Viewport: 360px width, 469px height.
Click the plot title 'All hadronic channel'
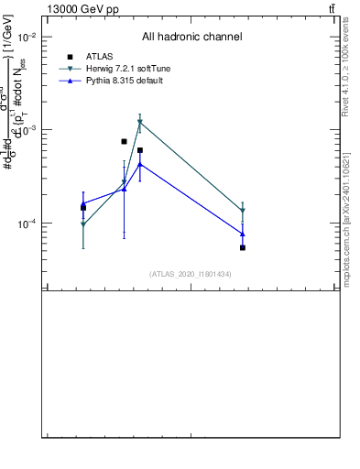coord(191,37)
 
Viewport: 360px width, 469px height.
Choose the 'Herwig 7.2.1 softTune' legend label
coord(128,69)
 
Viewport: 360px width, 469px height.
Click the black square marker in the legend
coord(70,57)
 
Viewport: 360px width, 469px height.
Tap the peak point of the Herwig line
coord(139,122)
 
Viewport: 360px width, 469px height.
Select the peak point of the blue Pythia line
coord(139,164)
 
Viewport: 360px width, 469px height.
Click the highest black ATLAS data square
coord(124,141)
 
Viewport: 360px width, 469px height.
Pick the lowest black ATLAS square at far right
coord(243,247)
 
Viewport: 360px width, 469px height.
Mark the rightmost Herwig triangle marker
coord(243,212)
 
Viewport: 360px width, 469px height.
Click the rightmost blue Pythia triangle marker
coord(243,234)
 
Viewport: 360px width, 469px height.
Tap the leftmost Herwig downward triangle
coord(83,224)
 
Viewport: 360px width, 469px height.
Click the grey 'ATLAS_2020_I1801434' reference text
coord(190,274)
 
